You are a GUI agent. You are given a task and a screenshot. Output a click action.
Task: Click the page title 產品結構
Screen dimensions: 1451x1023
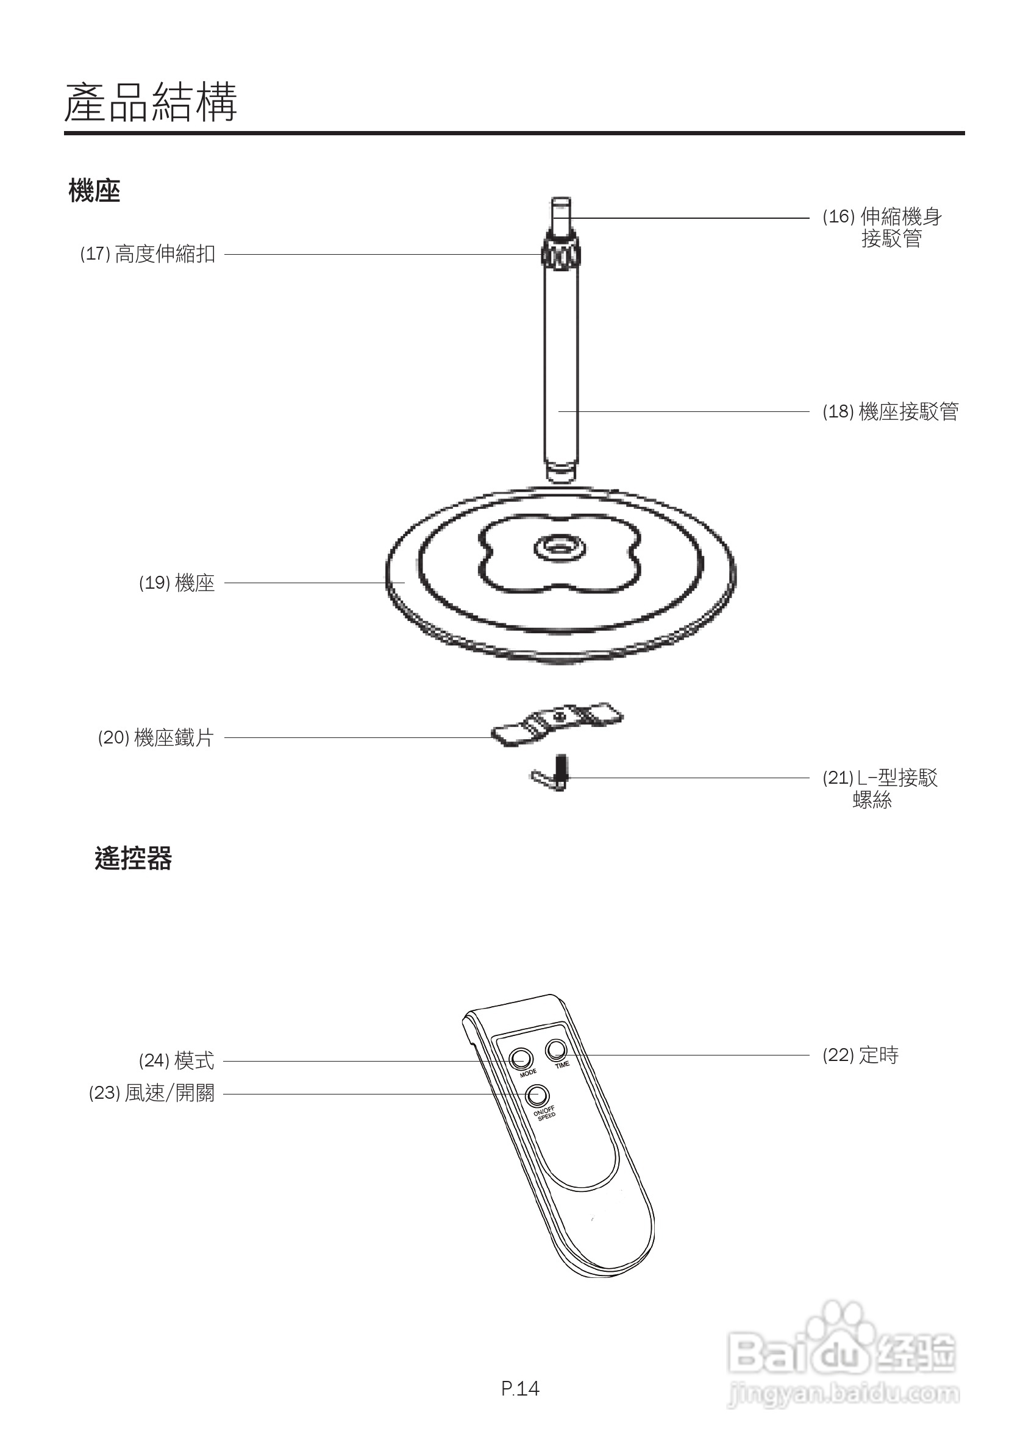point(151,102)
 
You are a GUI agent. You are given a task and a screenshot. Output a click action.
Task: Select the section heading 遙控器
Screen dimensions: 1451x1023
point(133,859)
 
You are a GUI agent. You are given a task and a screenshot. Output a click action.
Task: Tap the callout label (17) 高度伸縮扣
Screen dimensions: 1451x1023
point(148,254)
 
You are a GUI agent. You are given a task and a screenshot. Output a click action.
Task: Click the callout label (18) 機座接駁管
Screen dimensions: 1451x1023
point(890,412)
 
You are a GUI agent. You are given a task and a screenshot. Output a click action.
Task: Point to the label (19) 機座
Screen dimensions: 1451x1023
point(177,583)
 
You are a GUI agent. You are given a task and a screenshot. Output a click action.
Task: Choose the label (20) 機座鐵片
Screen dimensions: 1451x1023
point(155,737)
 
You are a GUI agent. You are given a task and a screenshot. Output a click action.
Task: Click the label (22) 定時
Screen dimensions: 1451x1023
point(860,1055)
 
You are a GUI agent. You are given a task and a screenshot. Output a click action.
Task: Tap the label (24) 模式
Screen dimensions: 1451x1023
point(176,1061)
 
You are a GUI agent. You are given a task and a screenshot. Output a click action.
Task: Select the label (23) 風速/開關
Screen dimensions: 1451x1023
point(152,1093)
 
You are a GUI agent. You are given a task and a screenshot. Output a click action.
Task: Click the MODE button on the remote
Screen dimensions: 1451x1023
point(521,1059)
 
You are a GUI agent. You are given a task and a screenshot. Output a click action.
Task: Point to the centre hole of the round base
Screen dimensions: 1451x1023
point(558,545)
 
